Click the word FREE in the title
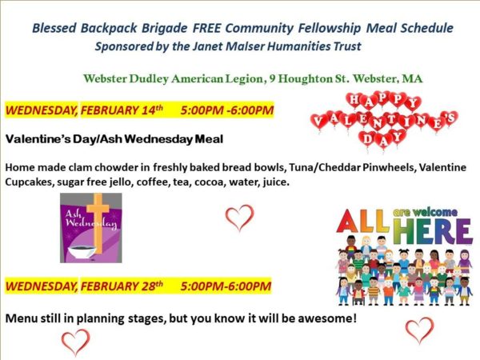[206, 28]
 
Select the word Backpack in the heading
[109, 28]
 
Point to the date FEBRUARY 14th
[122, 110]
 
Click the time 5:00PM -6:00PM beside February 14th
[227, 110]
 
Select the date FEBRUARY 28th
[122, 286]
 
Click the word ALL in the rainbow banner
[363, 221]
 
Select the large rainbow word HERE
[433, 231]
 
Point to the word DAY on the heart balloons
[382, 139]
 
